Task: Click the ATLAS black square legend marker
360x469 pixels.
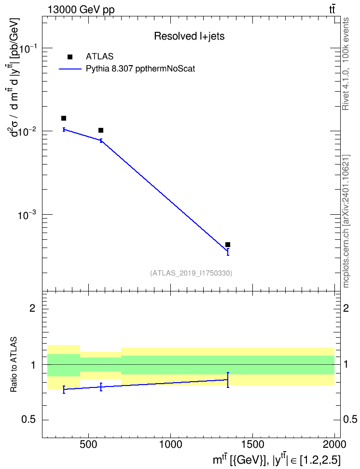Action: [70, 57]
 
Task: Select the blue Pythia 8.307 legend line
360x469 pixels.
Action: [70, 69]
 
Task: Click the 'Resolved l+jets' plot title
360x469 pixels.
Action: [189, 36]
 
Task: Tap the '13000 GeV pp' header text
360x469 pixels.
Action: [81, 10]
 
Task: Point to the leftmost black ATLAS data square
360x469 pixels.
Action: [64, 118]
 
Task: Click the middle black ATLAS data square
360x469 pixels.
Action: [101, 130]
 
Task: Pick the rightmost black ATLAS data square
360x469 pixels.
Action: [228, 245]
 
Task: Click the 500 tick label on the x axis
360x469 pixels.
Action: [88, 444]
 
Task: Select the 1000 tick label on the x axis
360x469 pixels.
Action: [170, 444]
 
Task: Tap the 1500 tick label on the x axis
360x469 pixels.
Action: [252, 444]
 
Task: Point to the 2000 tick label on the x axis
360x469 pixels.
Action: [334, 444]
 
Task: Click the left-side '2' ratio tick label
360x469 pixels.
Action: [33, 308]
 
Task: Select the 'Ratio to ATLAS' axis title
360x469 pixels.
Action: [13, 364]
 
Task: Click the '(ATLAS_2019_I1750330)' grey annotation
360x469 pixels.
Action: [191, 273]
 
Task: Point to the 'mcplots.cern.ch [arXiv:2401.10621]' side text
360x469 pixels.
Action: [346, 221]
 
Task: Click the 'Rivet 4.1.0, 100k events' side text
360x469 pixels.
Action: [346, 64]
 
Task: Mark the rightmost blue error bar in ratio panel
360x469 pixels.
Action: [228, 380]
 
